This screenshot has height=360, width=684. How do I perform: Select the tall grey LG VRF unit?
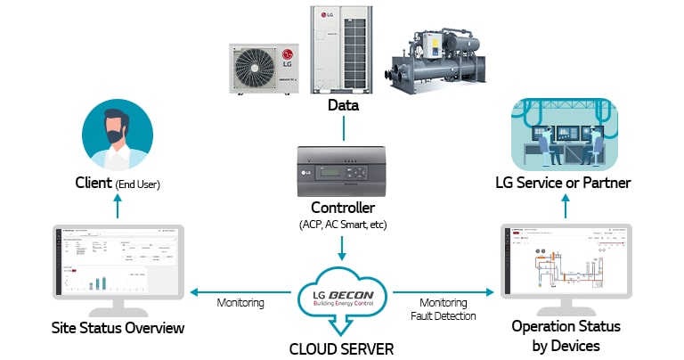point(342,49)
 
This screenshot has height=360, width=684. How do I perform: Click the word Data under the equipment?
point(342,106)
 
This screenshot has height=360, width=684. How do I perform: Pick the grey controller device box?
point(341,170)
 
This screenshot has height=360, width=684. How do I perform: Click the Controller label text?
point(342,208)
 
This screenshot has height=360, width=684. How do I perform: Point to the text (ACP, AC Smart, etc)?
point(342,225)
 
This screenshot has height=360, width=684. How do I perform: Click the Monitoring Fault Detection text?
point(443,309)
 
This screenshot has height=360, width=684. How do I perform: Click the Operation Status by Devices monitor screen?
point(566,264)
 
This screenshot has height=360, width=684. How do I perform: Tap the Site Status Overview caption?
point(118,329)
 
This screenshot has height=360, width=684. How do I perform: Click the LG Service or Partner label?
point(563,184)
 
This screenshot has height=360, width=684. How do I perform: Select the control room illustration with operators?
point(563,134)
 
